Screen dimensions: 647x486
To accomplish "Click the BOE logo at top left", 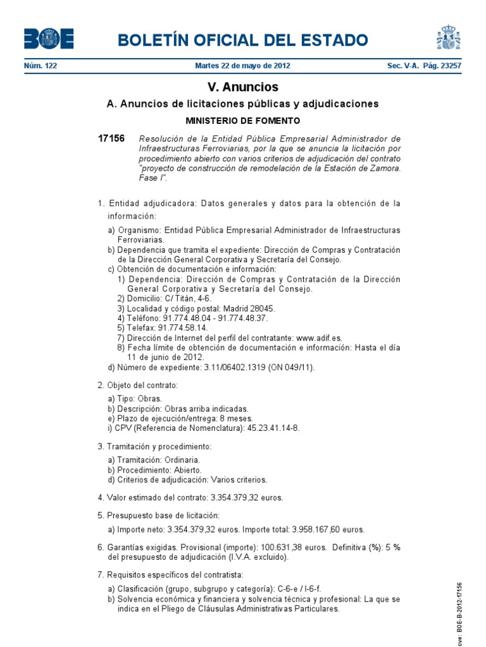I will click(x=49, y=39).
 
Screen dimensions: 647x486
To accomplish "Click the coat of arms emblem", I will click(x=448, y=37).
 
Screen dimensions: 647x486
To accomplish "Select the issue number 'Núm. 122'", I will click(x=40, y=66).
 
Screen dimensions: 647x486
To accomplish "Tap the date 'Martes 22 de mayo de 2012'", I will click(x=243, y=66).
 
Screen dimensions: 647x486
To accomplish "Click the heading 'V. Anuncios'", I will click(x=243, y=87).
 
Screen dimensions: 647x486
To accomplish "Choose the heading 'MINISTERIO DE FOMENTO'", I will click(x=243, y=120).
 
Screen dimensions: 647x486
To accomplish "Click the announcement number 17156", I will click(x=111, y=138).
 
